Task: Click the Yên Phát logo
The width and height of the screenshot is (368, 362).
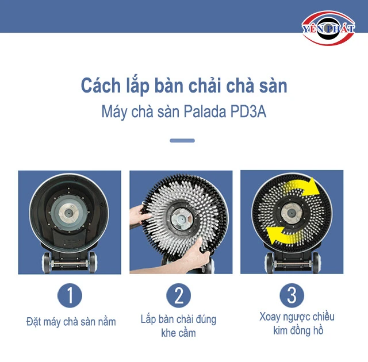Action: coord(328,28)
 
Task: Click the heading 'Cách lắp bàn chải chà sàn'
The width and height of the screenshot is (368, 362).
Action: coord(184,86)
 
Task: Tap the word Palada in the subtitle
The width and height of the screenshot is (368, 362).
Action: coord(205,111)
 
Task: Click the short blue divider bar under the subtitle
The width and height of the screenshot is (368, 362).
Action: coord(182,140)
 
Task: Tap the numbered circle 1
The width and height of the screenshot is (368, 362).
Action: coord(70,295)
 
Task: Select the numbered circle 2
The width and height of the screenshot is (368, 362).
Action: coord(179,295)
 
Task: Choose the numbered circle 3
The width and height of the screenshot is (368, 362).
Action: coord(292,295)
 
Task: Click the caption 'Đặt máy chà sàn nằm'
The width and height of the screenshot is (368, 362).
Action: coord(71,322)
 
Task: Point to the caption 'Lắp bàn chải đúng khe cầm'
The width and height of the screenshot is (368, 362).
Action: coord(179,326)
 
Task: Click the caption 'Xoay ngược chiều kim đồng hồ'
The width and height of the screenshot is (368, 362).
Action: coord(297,324)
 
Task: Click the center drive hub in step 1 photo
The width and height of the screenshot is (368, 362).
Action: coord(69,213)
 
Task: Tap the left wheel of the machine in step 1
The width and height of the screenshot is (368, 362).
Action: coord(46,263)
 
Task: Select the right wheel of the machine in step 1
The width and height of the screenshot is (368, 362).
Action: coord(92,263)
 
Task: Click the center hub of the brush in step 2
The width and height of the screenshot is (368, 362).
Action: coord(182,219)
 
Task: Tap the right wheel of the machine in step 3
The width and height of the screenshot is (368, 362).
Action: coord(316,263)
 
